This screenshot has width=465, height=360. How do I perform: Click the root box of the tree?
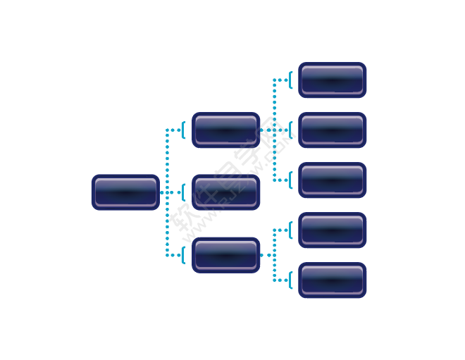pyautogui.click(x=125, y=192)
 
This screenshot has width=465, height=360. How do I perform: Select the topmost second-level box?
pyautogui.click(x=225, y=130)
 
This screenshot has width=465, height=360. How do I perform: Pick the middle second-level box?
pyautogui.click(x=225, y=192)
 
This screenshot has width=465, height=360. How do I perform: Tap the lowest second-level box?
pyautogui.click(x=225, y=255)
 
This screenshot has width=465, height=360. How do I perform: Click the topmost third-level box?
pyautogui.click(x=332, y=80)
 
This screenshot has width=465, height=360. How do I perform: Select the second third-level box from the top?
pyautogui.click(x=332, y=130)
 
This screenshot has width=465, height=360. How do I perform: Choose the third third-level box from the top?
pyautogui.click(x=332, y=180)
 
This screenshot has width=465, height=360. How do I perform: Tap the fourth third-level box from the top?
pyautogui.click(x=332, y=230)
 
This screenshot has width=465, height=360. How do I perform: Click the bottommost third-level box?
pyautogui.click(x=332, y=280)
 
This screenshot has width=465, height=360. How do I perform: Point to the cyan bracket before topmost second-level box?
pyautogui.click(x=183, y=130)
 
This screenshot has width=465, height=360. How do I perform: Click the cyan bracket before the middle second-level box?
pyautogui.click(x=183, y=192)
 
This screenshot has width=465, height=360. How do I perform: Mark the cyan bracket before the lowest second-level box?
pyautogui.click(x=183, y=255)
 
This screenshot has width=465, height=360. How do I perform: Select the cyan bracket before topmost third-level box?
pyautogui.click(x=290, y=80)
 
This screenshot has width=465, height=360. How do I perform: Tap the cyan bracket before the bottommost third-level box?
pyautogui.click(x=290, y=280)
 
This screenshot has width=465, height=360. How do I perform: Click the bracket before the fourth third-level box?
pyautogui.click(x=290, y=230)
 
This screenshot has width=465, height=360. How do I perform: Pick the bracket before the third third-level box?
pyautogui.click(x=290, y=180)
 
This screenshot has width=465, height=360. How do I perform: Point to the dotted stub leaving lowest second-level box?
pyautogui.click(x=266, y=255)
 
